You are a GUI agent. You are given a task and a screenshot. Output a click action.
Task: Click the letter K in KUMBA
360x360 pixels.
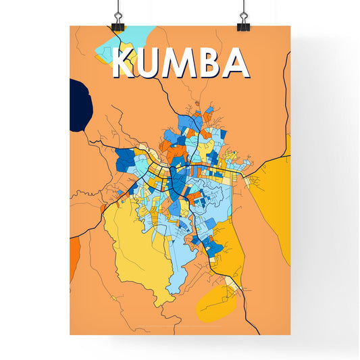click(126, 63)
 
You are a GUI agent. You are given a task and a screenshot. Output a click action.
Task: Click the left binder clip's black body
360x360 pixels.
click(119, 26)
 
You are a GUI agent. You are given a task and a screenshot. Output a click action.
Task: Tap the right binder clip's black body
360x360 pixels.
click(242, 26)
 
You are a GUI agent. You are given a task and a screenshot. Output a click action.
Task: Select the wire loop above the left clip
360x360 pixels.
click(119, 9)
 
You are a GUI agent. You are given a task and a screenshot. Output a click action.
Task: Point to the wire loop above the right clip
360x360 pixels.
click(242, 9)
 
